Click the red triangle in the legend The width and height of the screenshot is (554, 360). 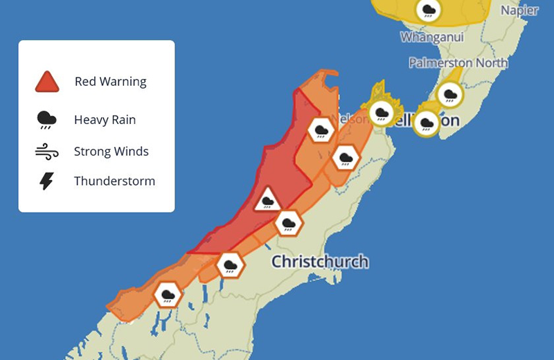(47, 82)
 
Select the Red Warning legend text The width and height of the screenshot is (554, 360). (110, 82)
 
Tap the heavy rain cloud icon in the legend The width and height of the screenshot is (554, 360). (47, 120)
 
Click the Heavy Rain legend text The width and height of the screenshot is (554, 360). (105, 120)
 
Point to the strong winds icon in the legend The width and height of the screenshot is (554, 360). (47, 151)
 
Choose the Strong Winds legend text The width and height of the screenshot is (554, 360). (111, 151)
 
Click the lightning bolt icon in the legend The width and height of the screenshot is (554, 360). (47, 181)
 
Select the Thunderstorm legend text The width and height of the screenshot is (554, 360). (114, 181)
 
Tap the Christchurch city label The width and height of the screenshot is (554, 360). (319, 262)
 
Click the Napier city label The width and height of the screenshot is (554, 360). (519, 10)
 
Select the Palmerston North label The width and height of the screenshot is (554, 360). (458, 63)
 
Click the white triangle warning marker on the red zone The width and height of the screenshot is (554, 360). (267, 201)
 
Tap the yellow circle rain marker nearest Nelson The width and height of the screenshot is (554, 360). (381, 113)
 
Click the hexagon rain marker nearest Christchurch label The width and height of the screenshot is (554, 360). (288, 223)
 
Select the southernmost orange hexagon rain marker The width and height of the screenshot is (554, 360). (168, 295)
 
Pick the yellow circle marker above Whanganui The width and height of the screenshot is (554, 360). (429, 10)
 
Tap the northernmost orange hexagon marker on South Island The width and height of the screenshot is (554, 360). (321, 129)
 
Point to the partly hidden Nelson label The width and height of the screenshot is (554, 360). (346, 118)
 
